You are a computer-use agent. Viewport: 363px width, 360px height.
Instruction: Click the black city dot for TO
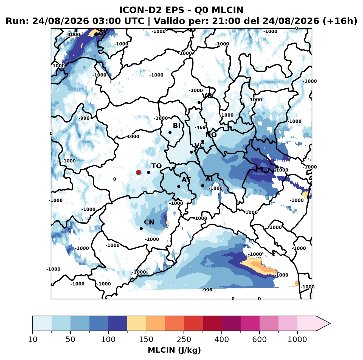click(x=148, y=172)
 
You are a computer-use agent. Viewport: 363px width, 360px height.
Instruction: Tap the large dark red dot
click(x=139, y=172)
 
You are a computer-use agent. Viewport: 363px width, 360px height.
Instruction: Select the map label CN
click(x=149, y=222)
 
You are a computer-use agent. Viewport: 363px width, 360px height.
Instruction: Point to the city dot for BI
click(x=170, y=133)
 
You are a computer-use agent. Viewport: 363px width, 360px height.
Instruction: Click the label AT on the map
click(x=186, y=180)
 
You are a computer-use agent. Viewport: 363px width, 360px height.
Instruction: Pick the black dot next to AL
click(x=202, y=185)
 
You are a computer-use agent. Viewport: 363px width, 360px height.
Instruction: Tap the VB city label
click(x=207, y=96)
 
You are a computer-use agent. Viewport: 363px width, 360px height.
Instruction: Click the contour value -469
click(x=200, y=127)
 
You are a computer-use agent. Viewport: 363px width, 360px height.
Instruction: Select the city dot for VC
click(x=192, y=152)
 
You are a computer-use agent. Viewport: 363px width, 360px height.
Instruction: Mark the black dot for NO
click(x=202, y=142)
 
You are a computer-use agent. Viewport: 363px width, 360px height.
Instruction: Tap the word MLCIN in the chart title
click(x=227, y=10)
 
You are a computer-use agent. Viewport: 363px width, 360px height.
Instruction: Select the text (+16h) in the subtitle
click(x=340, y=21)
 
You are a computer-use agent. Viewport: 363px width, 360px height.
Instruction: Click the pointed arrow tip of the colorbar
click(x=330, y=324)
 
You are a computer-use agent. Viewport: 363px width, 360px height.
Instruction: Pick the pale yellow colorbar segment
click(x=137, y=324)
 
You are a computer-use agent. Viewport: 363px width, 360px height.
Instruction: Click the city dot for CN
click(x=141, y=229)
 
